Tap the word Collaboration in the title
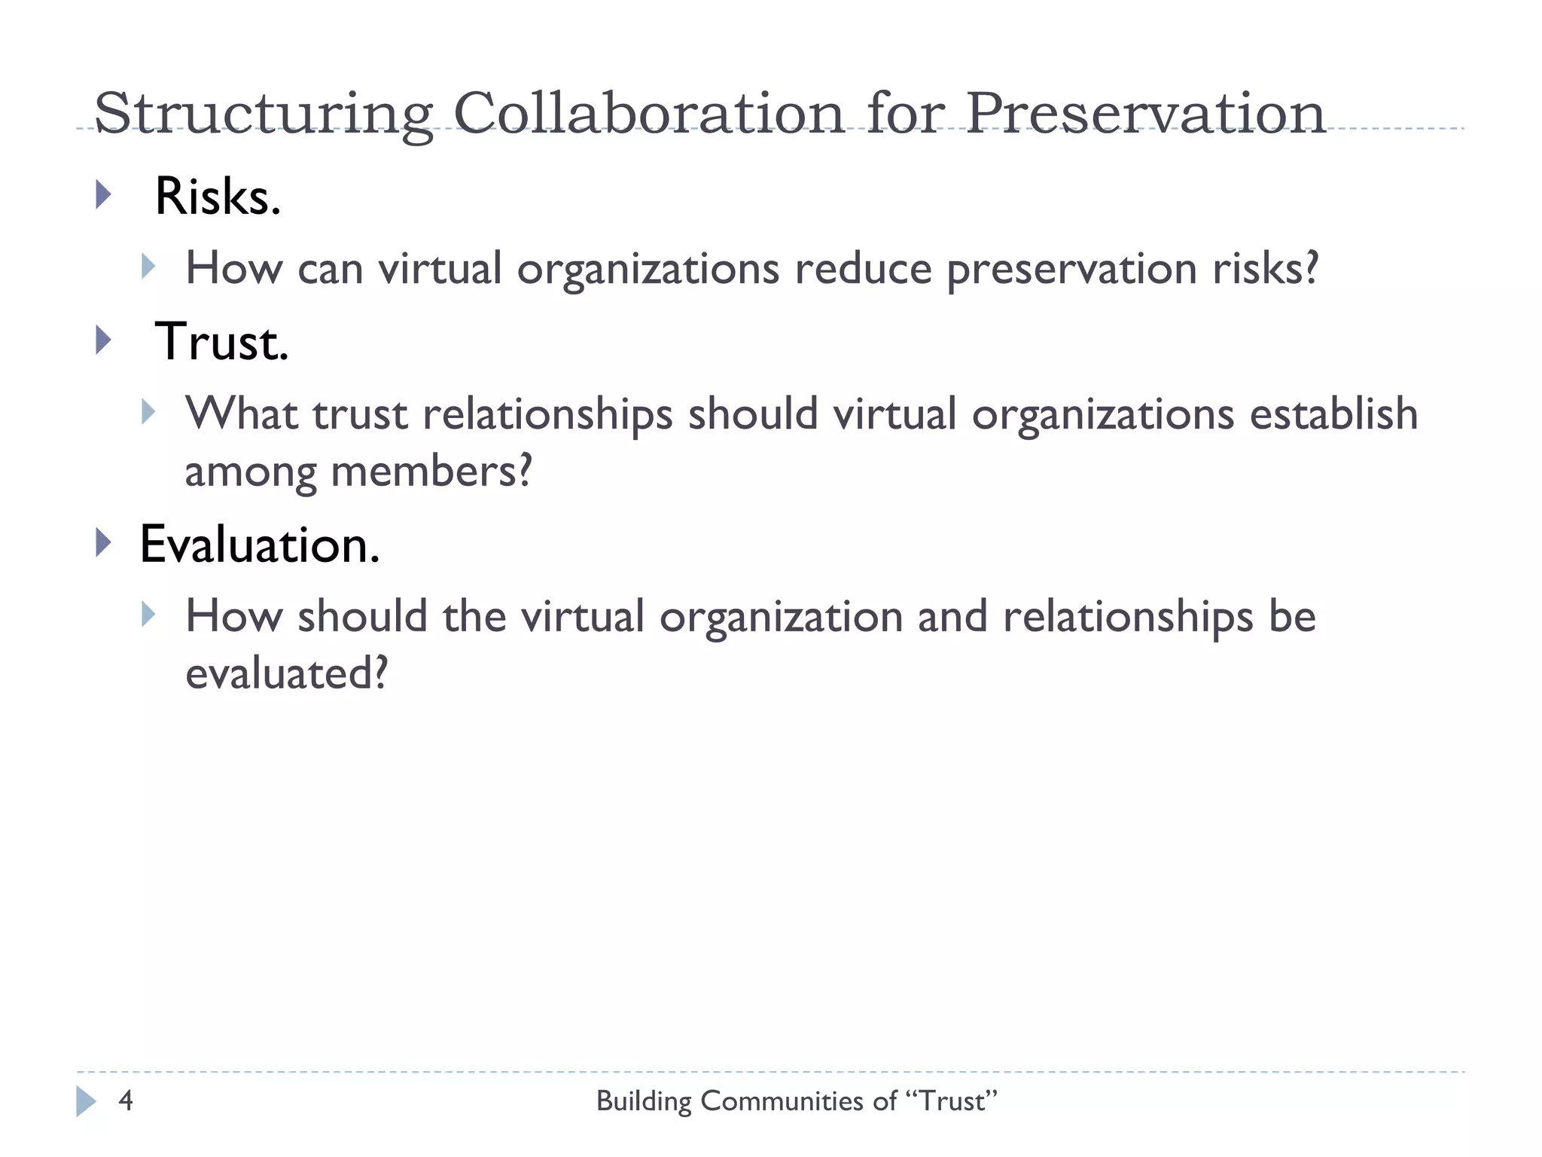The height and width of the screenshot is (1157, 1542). tap(649, 113)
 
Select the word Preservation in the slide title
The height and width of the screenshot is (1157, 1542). tap(1144, 113)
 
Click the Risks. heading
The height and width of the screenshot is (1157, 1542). tap(218, 197)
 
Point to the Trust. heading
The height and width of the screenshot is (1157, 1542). tap(221, 342)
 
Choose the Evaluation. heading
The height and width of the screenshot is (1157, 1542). tap(260, 544)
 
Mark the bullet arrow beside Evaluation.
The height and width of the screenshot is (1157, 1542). tap(104, 542)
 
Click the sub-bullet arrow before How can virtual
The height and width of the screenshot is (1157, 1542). tap(148, 266)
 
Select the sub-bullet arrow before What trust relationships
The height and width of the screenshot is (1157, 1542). tap(148, 411)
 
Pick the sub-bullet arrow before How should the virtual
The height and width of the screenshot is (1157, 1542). tap(148, 614)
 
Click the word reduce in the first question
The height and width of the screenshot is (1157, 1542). tap(863, 268)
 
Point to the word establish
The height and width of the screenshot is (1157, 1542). tap(1333, 414)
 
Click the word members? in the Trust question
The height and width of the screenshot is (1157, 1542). tap(431, 472)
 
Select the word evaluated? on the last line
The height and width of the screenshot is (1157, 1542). tap(286, 673)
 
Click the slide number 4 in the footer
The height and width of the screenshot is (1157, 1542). tap(126, 1101)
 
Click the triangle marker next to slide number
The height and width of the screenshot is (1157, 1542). tap(86, 1101)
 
